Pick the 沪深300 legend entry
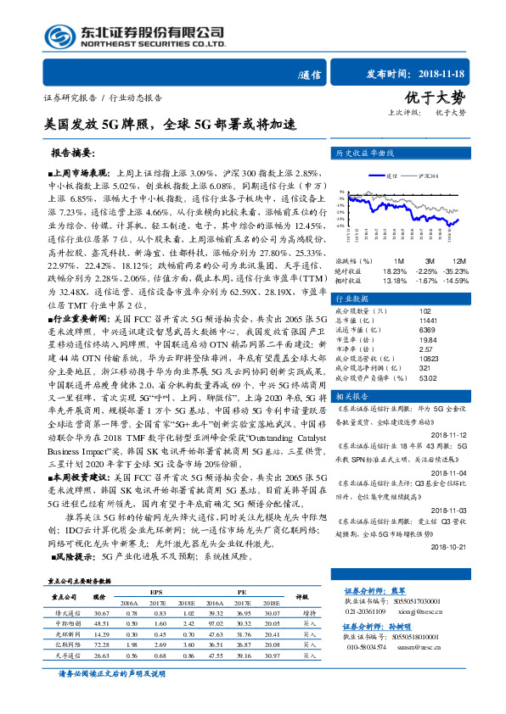pyautogui.click(x=429, y=176)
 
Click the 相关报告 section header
pyautogui.click(x=351, y=396)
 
